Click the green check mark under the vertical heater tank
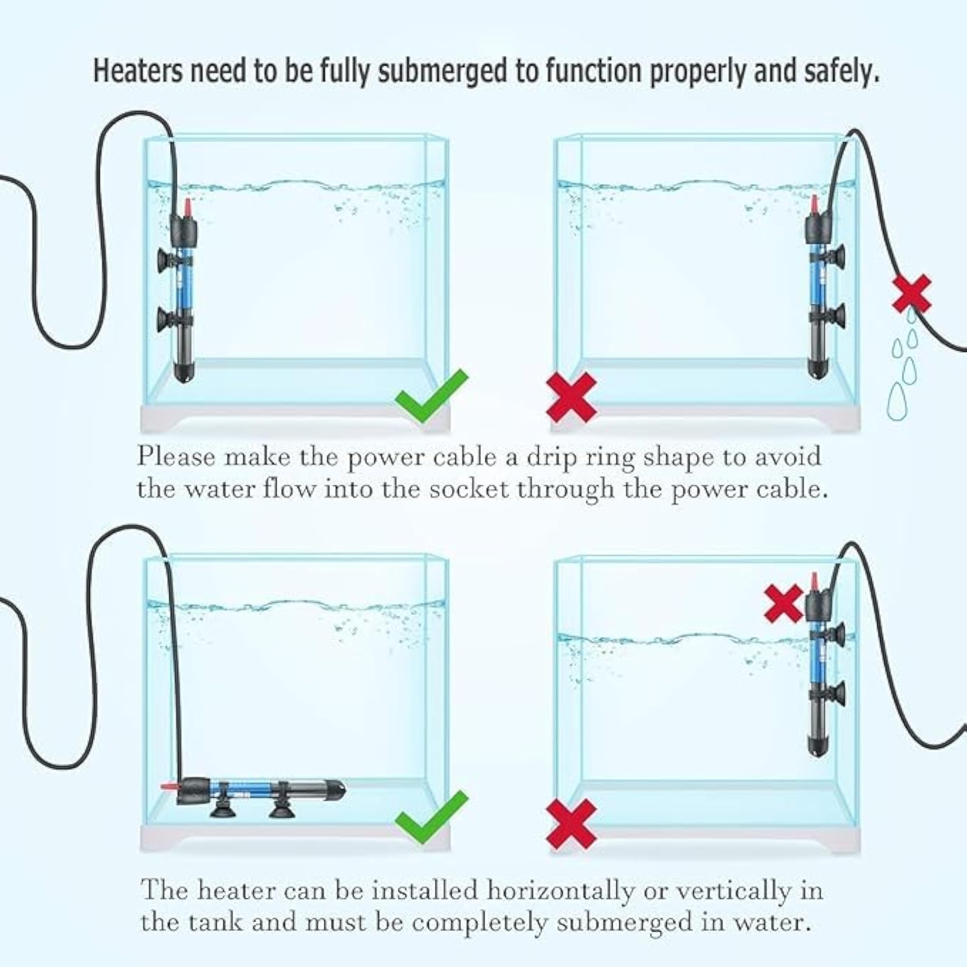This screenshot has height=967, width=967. [431, 396]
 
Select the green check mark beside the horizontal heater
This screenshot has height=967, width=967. [431, 817]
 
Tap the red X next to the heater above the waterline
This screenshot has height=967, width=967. [784, 604]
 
